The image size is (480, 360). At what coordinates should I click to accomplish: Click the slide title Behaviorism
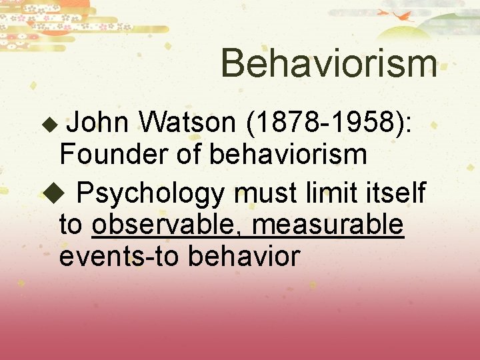[329, 63]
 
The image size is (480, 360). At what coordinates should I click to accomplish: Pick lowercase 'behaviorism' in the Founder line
[288, 154]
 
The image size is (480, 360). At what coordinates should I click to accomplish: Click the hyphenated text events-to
[119, 256]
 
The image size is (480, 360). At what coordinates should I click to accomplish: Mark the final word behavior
[243, 255]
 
